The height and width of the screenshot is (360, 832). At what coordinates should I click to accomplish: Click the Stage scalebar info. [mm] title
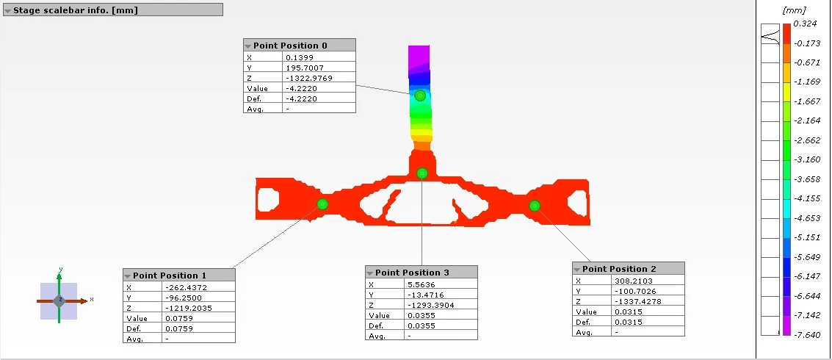(x=76, y=10)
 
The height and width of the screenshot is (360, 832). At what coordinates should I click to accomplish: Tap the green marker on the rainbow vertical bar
(x=420, y=96)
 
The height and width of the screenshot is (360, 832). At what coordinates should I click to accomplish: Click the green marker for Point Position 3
(x=422, y=173)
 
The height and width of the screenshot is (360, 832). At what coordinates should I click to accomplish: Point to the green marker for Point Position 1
(x=322, y=204)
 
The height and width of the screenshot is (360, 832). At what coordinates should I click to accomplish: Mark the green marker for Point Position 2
(x=535, y=206)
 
